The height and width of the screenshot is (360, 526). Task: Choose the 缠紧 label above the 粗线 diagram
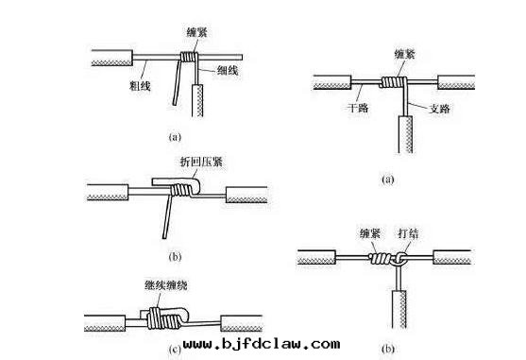[192, 31]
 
